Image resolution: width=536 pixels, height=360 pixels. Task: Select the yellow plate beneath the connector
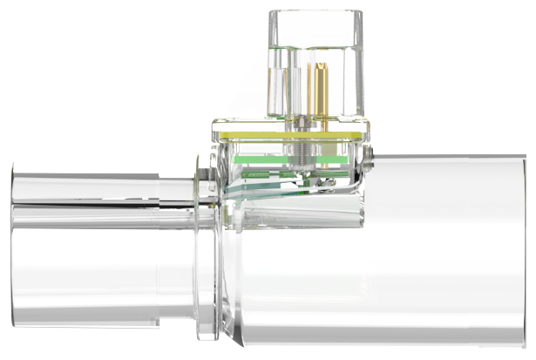(288, 133)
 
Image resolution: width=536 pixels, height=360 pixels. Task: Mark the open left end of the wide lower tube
(13, 270)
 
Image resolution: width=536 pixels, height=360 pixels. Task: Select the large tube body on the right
(436, 253)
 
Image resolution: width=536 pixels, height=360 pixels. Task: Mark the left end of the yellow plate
(214, 133)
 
